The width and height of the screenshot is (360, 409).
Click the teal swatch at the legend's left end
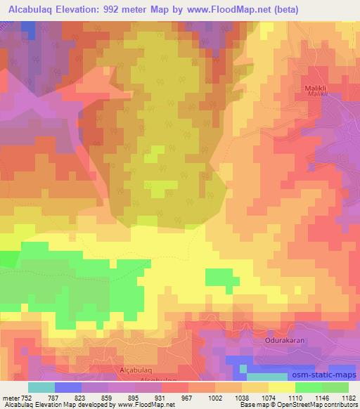coord(41,387)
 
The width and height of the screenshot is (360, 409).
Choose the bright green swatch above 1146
coord(308,387)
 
